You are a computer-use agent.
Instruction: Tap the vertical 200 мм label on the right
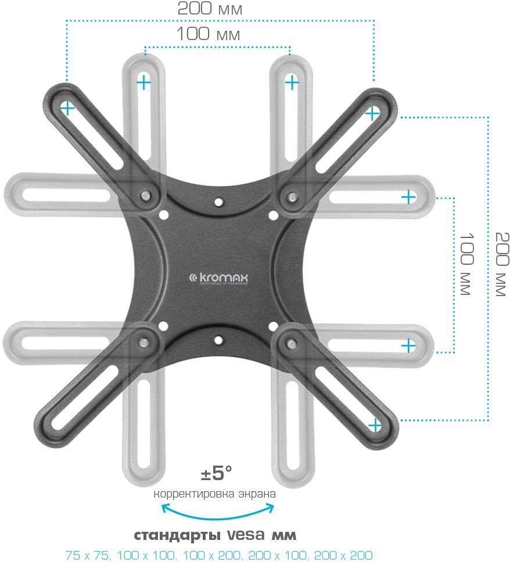(501, 264)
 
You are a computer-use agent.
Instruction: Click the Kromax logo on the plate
(219, 279)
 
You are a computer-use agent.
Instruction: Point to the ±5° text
(216, 474)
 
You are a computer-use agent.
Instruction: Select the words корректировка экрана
(214, 495)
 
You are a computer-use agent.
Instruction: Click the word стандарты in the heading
(170, 535)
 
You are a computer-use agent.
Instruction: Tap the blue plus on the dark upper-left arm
(68, 108)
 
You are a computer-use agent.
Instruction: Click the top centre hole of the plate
(218, 202)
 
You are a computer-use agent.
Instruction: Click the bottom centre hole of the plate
(218, 338)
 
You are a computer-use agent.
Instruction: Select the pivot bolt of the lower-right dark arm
(289, 342)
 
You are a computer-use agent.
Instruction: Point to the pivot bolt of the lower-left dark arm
(142, 341)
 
